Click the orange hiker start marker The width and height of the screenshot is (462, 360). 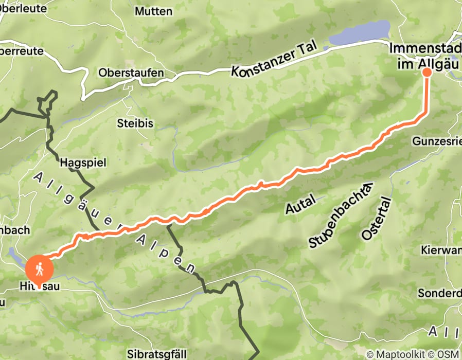click(x=39, y=267)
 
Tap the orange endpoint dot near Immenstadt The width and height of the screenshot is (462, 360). click(x=427, y=72)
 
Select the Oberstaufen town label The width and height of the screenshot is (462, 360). click(x=131, y=73)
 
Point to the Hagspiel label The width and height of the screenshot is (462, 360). click(x=83, y=163)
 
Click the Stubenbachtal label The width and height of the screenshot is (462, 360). click(x=340, y=216)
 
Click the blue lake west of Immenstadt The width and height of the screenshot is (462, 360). click(x=360, y=33)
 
